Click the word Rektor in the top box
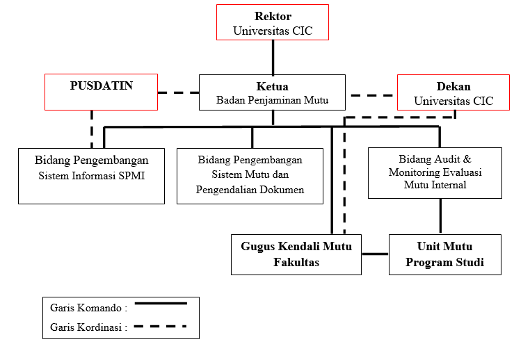coord(272,16)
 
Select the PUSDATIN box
coord(101,92)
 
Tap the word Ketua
coord(272,86)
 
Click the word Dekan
coord(453,87)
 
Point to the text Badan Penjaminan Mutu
coord(272,101)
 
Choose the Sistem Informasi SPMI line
coord(91,175)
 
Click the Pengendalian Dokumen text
coord(250,189)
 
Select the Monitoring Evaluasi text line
coord(435,172)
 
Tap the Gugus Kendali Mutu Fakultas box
coord(296,254)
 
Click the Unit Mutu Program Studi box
coord(444,254)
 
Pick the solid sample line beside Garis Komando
coord(161,303)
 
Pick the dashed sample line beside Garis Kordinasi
coord(161,326)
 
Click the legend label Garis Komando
coord(88,306)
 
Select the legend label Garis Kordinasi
coord(89,327)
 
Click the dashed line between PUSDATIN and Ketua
coord(178,92)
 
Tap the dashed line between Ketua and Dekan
coord(373,95)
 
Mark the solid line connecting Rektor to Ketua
coord(272,57)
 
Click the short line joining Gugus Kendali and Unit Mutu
coord(375,254)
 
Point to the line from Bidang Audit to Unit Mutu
coord(440,216)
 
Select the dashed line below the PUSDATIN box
coord(91,128)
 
